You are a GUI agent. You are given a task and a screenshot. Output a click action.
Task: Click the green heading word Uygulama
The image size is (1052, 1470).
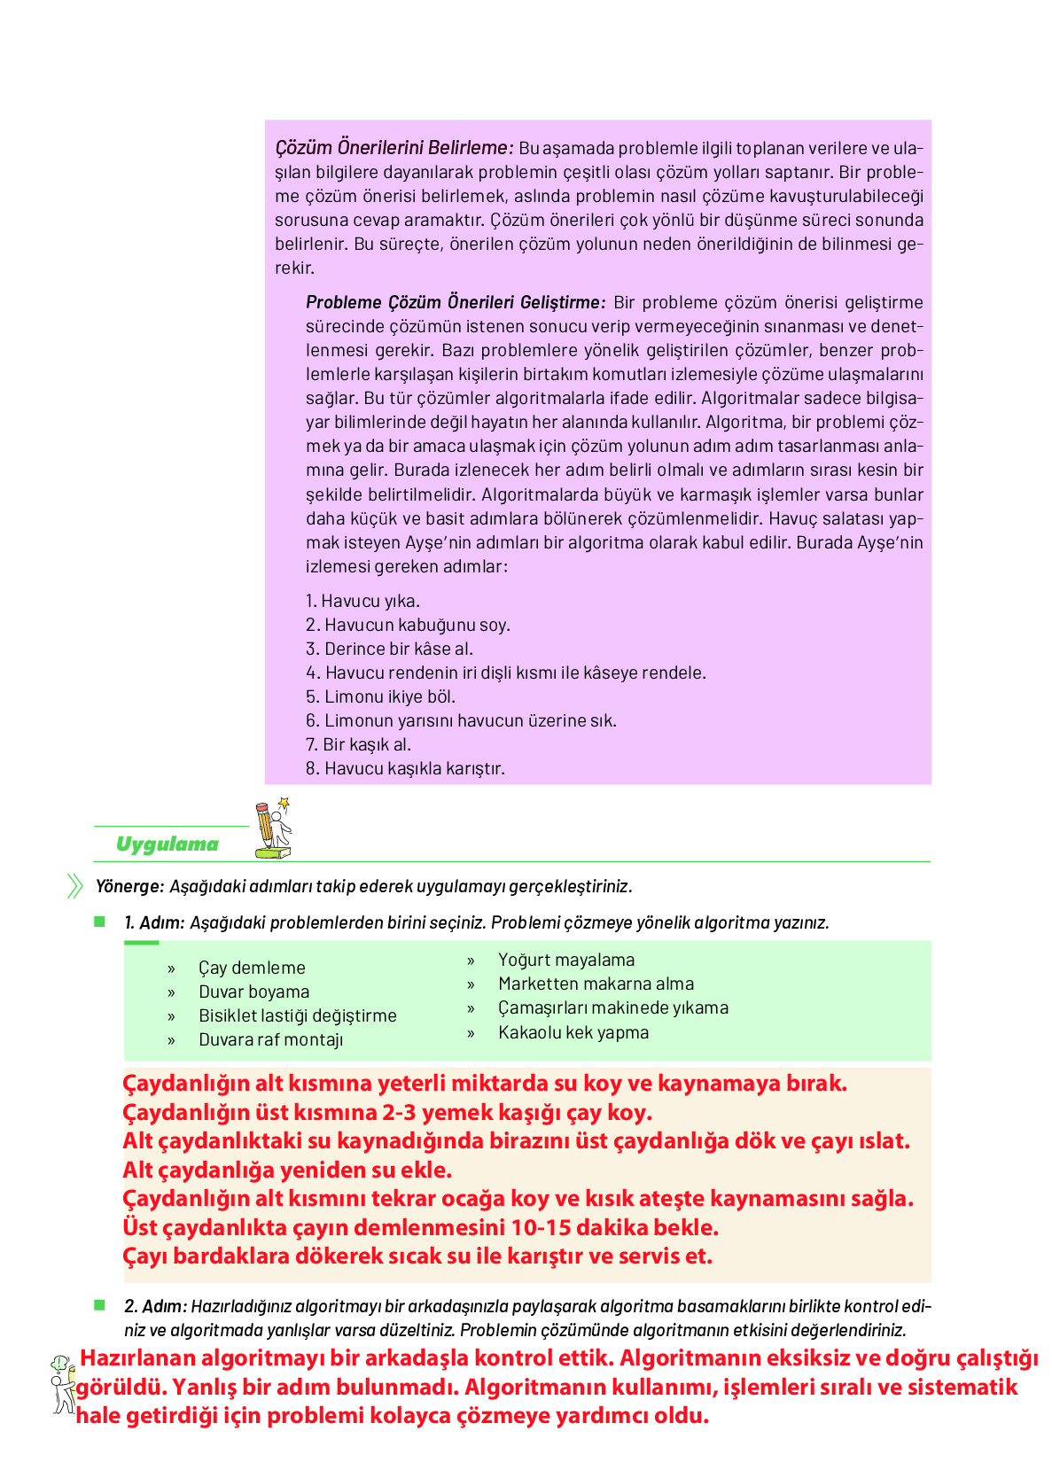[x=167, y=844]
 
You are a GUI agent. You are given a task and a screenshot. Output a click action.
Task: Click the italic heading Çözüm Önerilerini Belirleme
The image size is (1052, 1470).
[x=394, y=147]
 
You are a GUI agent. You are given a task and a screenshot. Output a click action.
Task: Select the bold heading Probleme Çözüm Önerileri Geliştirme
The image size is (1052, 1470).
[x=455, y=302]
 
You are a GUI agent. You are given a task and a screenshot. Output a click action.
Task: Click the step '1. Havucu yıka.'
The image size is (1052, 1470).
[x=362, y=601]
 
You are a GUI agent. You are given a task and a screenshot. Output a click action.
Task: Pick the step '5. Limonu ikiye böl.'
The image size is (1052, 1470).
[x=380, y=696]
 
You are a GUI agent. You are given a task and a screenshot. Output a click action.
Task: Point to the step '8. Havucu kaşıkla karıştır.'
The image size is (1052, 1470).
[x=405, y=768]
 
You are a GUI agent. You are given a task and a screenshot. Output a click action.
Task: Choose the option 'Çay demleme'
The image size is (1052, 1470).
[x=252, y=968]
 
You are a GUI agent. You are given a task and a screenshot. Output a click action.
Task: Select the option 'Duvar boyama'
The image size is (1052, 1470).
[x=253, y=992]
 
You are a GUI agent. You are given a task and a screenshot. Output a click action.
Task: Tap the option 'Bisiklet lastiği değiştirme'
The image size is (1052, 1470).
[x=297, y=1015]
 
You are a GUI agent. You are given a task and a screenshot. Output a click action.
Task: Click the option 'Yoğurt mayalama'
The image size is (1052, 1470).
[x=566, y=960]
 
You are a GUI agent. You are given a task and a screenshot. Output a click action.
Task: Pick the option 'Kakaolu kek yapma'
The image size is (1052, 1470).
[x=573, y=1032]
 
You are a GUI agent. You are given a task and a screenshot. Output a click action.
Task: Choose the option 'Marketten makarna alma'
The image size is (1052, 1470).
[x=596, y=984]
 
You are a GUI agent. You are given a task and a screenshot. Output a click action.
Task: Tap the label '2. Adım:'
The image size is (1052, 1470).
[x=155, y=1306]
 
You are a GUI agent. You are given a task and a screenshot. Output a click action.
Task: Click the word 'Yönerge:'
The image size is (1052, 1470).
[x=129, y=886]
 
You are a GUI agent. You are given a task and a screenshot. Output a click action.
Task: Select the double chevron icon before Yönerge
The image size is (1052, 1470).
[x=74, y=886]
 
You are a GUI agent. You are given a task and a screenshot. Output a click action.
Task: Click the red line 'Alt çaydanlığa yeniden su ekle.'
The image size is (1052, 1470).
[x=287, y=1170]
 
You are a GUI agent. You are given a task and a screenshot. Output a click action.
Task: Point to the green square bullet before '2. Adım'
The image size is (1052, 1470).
[x=99, y=1305]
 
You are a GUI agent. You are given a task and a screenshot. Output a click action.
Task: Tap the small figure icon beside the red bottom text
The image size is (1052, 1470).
[x=61, y=1383]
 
